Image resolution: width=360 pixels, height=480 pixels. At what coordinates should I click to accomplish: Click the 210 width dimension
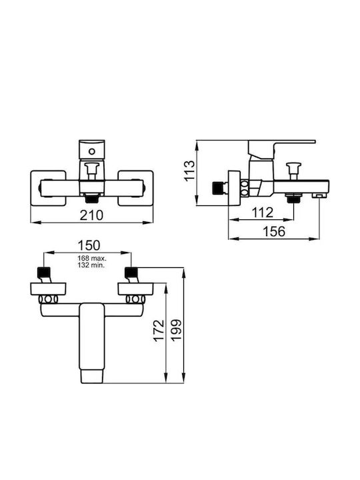tap(91, 215)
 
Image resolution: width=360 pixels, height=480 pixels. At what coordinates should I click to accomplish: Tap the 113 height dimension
tap(190, 170)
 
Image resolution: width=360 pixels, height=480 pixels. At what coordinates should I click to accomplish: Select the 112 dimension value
tap(263, 213)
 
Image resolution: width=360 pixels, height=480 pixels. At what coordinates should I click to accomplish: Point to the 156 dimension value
tap(274, 231)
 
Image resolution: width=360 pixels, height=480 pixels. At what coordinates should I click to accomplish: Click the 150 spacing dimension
tap(89, 245)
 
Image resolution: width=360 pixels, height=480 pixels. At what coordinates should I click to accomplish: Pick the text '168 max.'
tap(91, 259)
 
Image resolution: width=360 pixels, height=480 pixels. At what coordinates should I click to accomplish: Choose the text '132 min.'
tap(91, 265)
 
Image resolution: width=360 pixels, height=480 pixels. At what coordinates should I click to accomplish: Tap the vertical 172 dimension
tap(159, 331)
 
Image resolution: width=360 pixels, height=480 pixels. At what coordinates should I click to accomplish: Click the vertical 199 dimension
tap(176, 330)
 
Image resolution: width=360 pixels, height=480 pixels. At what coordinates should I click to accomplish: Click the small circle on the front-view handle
tap(91, 151)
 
